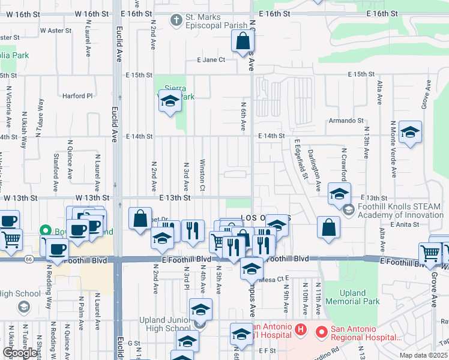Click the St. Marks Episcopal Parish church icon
(x=176, y=21)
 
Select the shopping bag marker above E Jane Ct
(x=243, y=42)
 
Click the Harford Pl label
(x=78, y=95)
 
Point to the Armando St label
(x=346, y=121)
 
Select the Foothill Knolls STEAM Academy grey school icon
(x=348, y=211)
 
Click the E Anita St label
(x=402, y=224)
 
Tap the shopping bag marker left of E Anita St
(x=328, y=227)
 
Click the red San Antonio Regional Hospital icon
(x=322, y=331)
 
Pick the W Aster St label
(x=56, y=29)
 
